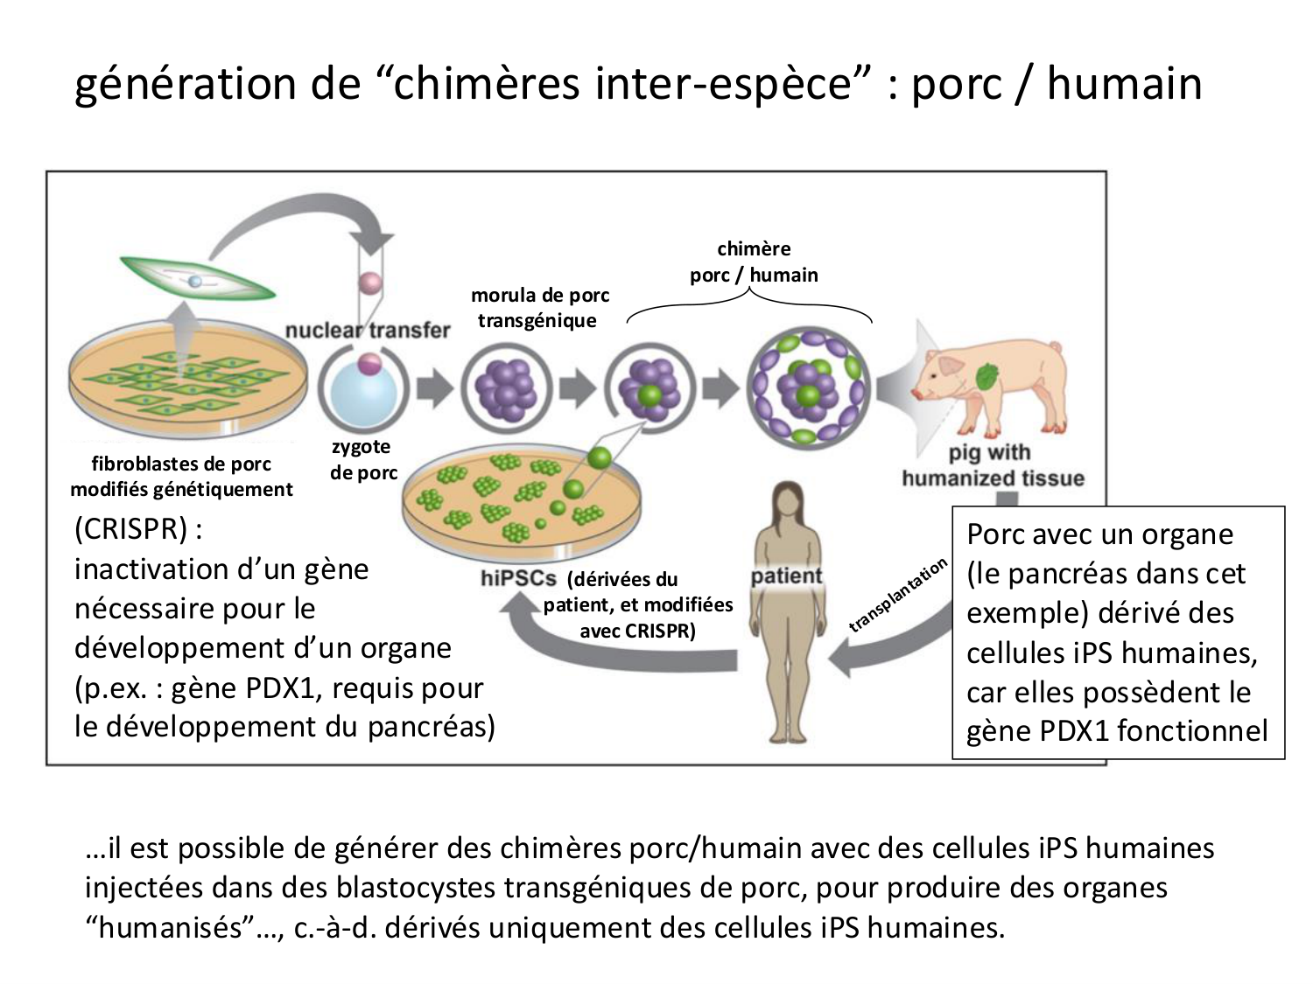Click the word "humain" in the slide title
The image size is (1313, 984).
[x=1124, y=85]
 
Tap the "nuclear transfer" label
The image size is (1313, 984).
[x=367, y=331]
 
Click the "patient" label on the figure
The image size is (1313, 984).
[x=786, y=576]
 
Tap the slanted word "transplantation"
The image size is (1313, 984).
[x=898, y=595]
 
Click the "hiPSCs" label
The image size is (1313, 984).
[x=518, y=578]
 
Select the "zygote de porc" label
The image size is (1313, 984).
[x=362, y=460]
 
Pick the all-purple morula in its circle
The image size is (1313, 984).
[x=506, y=387]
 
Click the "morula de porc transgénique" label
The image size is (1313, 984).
[x=539, y=308]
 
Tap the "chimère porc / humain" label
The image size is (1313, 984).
[x=754, y=262]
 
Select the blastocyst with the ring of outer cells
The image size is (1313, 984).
[x=808, y=387]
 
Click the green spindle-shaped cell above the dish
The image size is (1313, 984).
[x=197, y=281]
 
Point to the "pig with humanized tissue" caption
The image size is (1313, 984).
[x=992, y=465]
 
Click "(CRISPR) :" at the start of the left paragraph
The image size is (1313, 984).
[x=139, y=529]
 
